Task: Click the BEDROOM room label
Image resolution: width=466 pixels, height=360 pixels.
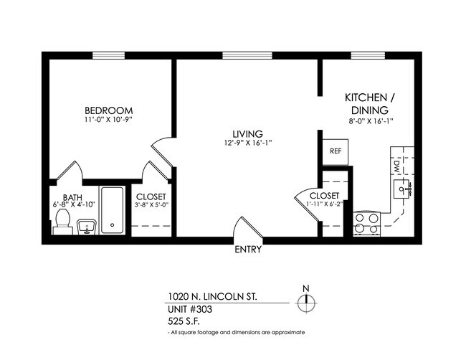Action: point(108,110)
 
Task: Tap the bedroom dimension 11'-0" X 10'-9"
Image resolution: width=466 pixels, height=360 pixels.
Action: point(108,120)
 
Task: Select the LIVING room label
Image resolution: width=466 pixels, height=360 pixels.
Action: point(247,133)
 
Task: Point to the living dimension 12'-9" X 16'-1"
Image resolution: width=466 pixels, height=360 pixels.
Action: point(247,143)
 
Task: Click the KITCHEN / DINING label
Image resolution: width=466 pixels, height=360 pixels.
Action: point(369,104)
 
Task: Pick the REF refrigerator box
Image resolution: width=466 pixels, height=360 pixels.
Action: point(335,151)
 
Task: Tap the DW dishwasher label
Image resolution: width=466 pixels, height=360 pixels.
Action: point(396,166)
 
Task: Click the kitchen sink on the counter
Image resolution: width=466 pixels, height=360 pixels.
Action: point(401,189)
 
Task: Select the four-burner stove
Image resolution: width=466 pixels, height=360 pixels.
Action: point(366,224)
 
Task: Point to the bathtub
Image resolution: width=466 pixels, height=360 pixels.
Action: point(112,211)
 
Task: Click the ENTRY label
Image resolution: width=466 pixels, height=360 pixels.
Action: point(248,251)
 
